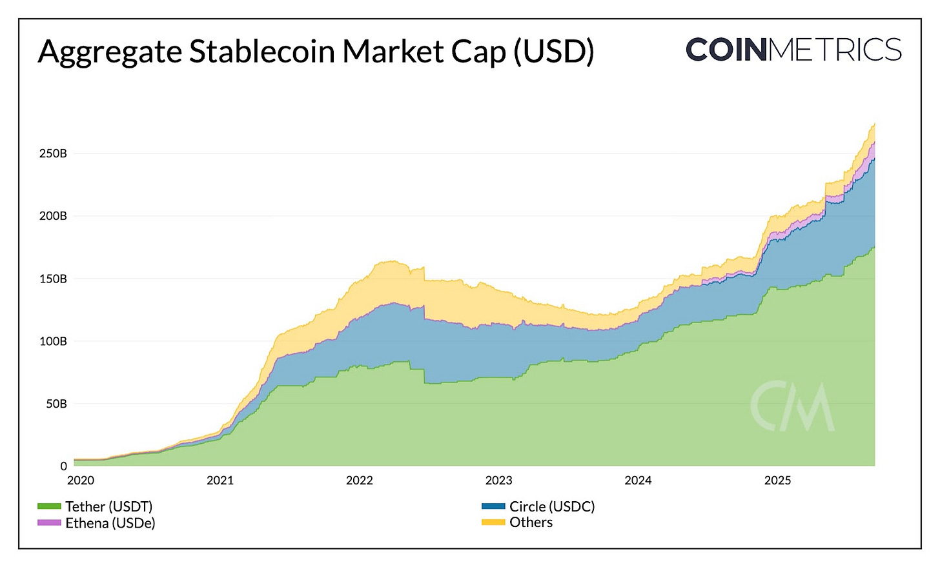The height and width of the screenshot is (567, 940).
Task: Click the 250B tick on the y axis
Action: coord(53,154)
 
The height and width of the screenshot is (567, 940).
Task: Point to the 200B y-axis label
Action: coord(53,216)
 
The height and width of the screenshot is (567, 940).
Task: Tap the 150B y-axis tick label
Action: coord(53,279)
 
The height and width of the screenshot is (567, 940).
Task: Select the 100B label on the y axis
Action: coord(53,341)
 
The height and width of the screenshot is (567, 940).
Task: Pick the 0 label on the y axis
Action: coord(63,466)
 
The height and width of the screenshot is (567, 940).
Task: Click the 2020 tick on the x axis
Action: coord(81,480)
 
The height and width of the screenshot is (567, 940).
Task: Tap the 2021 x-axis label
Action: coord(220,480)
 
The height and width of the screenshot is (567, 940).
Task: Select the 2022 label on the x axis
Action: coord(360,480)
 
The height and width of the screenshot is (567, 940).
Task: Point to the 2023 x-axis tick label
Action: coord(499,480)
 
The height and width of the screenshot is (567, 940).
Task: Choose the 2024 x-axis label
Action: coord(638,480)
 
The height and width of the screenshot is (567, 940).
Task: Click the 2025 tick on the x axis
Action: coord(777,480)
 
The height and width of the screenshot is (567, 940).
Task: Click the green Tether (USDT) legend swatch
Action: coord(49,506)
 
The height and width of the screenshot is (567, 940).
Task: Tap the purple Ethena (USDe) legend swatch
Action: coord(49,522)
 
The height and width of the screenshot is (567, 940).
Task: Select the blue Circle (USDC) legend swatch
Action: coord(493,506)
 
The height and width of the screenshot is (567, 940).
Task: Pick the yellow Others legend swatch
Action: coord(493,522)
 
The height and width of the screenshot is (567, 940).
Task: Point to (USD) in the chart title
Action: coord(553,52)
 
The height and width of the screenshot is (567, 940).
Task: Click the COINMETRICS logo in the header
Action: coord(793,50)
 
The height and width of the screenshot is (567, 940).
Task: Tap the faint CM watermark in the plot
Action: coord(792,406)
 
